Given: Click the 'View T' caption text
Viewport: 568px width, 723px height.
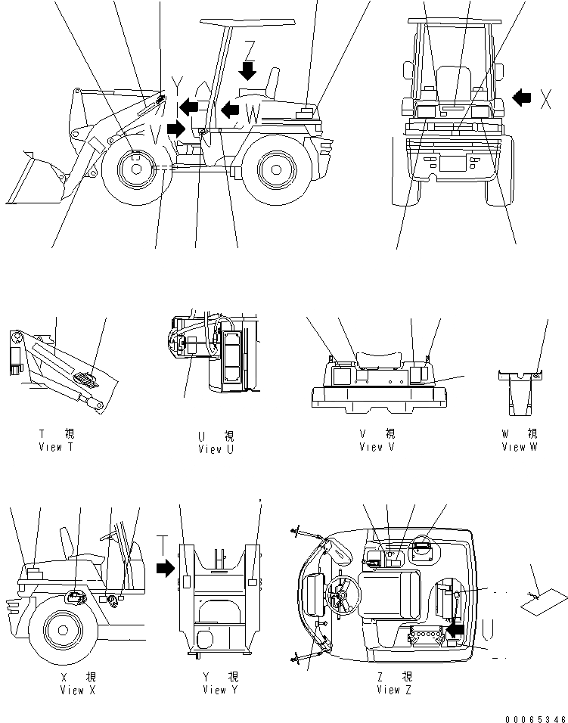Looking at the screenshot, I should [56, 447].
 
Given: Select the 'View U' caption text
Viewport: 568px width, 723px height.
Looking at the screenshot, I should [216, 449].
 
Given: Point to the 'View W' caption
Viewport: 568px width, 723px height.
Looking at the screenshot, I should [519, 447].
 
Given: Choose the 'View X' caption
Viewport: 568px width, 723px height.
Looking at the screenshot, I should [76, 690].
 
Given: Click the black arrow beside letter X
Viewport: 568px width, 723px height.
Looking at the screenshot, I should [523, 97].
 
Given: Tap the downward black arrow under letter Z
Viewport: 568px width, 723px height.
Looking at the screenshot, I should [247, 70].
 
